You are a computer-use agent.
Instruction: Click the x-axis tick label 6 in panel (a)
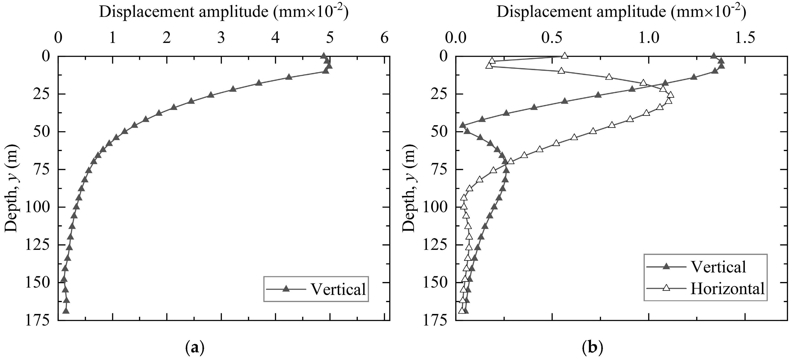tap(384, 39)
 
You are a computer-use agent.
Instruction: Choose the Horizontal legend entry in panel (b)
tap(727, 289)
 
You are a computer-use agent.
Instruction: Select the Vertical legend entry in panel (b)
tap(718, 267)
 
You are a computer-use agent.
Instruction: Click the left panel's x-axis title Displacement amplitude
tap(224, 12)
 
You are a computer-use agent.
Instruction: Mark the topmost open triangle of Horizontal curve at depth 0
tap(564, 55)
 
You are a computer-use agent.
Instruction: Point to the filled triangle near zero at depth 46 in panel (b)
tap(462, 125)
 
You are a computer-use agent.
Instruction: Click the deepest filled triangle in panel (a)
tap(66, 311)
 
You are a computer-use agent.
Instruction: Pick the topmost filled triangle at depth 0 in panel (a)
tap(323, 56)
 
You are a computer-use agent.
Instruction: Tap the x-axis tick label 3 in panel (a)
tap(221, 39)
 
